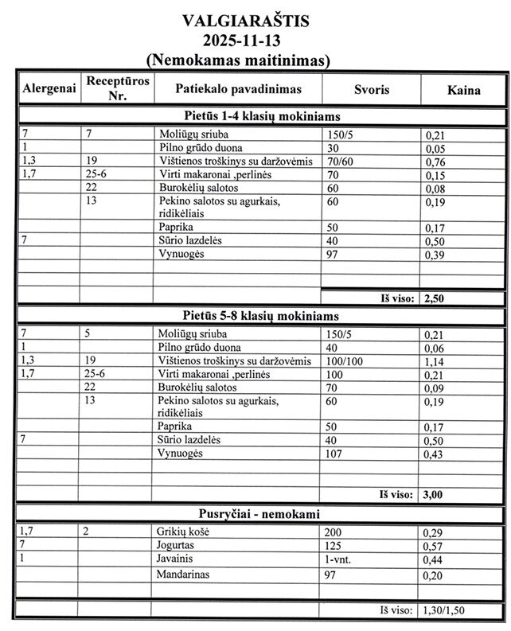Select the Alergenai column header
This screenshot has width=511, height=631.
(49, 90)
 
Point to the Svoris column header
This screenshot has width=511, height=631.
(372, 90)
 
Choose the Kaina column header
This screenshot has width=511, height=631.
(463, 90)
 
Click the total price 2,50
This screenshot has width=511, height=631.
(434, 298)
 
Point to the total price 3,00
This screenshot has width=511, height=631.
(434, 494)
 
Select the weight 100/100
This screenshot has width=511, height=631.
(345, 360)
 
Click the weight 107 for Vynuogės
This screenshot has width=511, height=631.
(336, 453)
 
